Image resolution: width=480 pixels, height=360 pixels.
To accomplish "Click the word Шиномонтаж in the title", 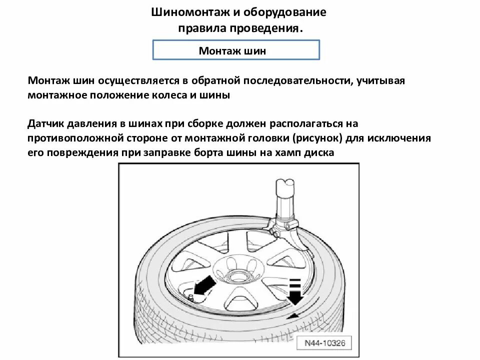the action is pyautogui.click(x=186, y=12).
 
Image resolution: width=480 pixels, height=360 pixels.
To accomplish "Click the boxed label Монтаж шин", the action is pyautogui.click(x=235, y=50).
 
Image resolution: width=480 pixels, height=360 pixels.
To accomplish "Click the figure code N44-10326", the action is pyautogui.click(x=324, y=343).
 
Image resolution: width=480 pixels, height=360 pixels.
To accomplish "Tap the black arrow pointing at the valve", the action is pyautogui.click(x=205, y=287).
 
